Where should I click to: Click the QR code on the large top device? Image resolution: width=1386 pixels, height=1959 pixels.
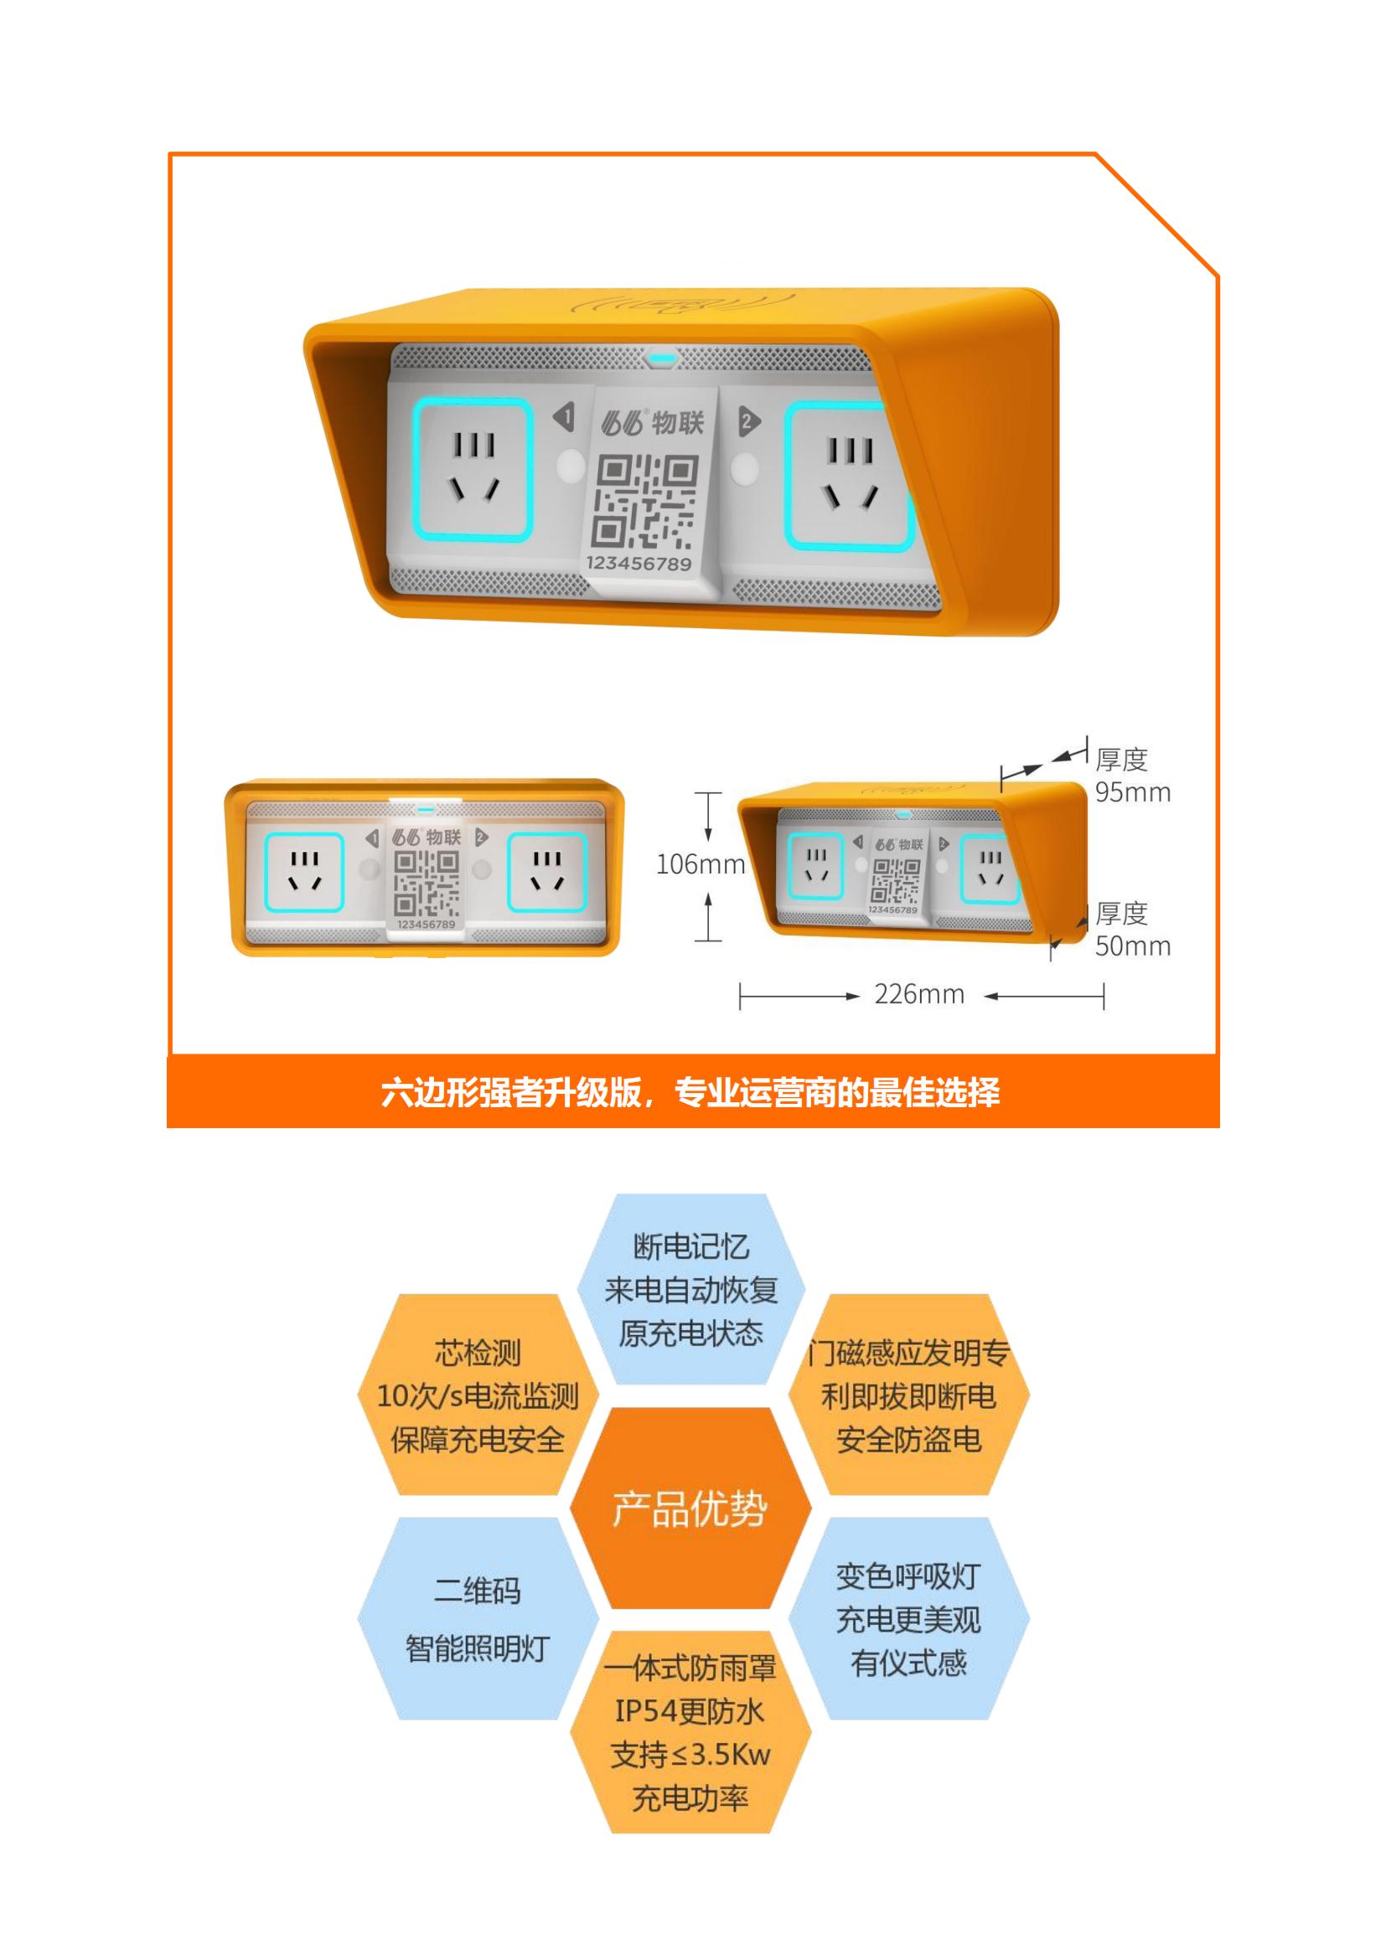pos(645,502)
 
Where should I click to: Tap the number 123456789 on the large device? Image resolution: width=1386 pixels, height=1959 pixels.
pos(639,563)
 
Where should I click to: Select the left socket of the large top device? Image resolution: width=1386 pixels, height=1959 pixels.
pos(473,470)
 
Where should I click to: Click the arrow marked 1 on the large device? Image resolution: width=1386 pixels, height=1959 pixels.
pos(563,417)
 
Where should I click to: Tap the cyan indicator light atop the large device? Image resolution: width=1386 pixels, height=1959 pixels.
pos(661,358)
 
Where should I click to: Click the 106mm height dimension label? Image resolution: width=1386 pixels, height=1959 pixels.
pos(700,864)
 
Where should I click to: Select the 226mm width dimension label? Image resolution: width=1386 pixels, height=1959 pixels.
pos(919,994)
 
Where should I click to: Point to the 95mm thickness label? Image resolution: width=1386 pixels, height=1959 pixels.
pos(1133,791)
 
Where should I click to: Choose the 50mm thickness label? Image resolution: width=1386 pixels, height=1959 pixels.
pos(1133,946)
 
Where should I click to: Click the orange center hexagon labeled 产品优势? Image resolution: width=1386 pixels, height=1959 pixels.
pos(690,1508)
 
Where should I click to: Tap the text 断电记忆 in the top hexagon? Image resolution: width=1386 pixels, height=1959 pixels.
pos(690,1246)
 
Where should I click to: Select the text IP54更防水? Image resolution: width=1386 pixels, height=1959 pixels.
pos(690,1711)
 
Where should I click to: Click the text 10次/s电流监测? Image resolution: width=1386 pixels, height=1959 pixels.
pos(478,1396)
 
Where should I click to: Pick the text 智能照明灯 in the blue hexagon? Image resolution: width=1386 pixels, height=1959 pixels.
pos(477,1648)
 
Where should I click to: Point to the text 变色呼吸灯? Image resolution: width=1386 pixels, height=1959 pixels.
pos(908,1576)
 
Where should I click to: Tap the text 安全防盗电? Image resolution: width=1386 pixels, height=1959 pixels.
pos(908,1440)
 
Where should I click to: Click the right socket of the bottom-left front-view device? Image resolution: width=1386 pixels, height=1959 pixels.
pos(547,872)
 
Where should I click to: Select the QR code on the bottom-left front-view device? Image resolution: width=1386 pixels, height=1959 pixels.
pos(426,884)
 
